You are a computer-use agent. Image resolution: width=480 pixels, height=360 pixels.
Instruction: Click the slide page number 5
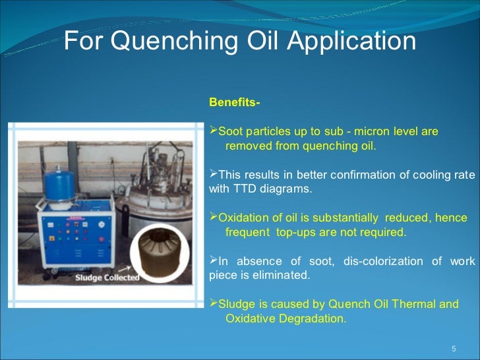(x=453, y=348)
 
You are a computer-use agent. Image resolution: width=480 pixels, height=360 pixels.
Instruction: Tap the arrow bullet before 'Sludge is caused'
(x=212, y=304)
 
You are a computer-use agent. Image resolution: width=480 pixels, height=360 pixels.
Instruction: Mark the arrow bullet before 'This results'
(x=212, y=175)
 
